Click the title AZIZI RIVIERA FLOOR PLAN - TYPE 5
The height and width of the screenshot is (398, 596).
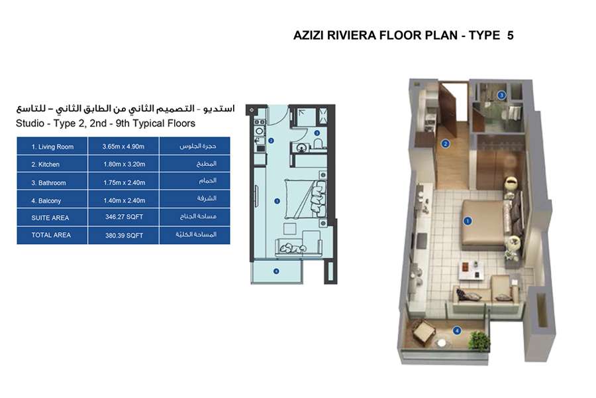(403, 36)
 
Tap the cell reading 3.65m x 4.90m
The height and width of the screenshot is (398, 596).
(123, 147)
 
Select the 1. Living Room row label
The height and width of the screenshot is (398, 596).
(52, 147)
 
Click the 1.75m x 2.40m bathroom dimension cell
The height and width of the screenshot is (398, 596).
(123, 182)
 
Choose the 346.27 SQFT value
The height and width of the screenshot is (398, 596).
(123, 218)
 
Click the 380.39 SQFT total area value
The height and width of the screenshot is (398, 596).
(123, 235)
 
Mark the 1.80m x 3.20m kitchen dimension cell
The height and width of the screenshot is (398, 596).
(123, 165)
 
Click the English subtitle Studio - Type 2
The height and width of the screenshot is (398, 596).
(105, 123)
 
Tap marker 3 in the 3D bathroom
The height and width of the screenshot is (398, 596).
(502, 96)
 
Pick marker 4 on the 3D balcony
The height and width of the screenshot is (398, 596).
(456, 330)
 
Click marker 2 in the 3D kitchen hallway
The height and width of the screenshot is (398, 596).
(446, 143)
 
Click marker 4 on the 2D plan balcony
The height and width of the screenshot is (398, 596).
(275, 271)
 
